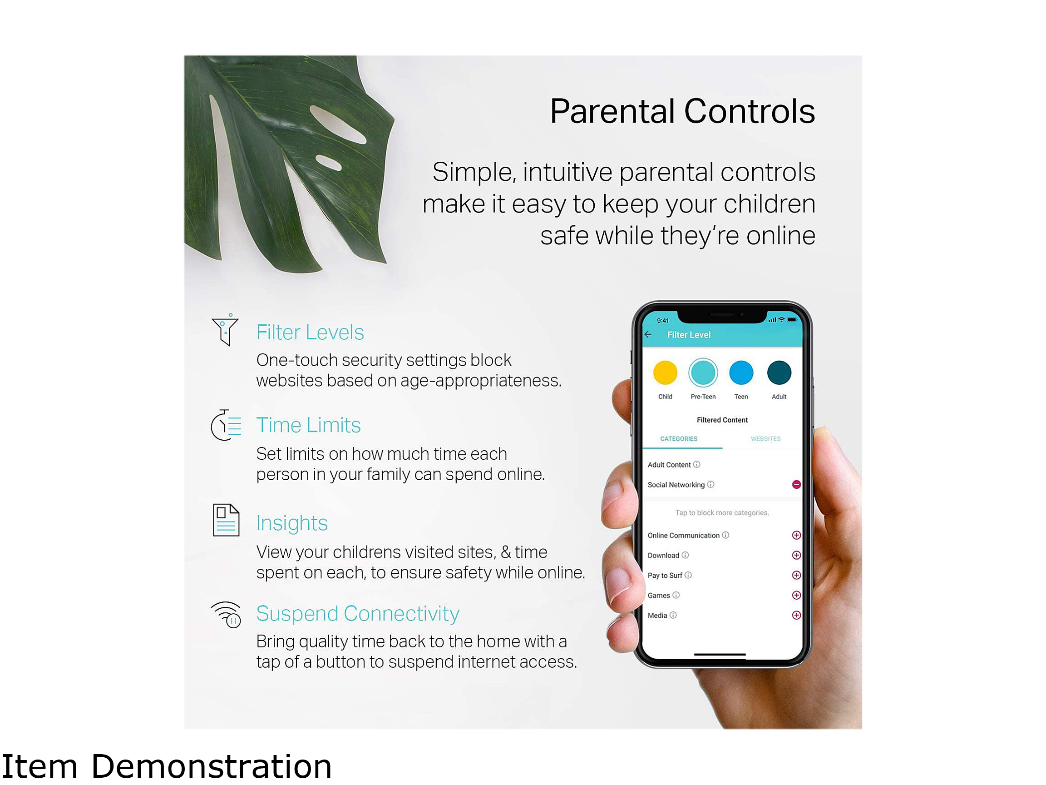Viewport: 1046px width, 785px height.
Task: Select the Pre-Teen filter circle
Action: (703, 373)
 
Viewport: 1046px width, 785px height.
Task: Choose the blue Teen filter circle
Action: (741, 373)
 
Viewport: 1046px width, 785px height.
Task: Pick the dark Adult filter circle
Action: (779, 373)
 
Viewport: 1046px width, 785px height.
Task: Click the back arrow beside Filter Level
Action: (648, 334)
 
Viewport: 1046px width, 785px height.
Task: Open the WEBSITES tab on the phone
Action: (765, 439)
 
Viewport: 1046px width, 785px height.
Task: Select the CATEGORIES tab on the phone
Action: (679, 439)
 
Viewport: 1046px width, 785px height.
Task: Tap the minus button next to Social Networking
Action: (796, 484)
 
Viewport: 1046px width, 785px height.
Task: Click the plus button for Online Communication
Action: (796, 535)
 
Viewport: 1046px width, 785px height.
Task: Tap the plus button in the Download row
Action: (796, 555)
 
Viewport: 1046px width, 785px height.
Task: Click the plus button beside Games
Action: (796, 595)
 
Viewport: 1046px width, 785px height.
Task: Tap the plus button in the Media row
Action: (796, 615)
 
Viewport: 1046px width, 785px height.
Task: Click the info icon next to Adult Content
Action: (696, 464)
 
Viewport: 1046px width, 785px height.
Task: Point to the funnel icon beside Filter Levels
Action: (225, 329)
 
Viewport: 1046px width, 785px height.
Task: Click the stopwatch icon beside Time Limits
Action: (226, 425)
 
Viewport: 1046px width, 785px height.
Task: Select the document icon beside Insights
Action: (226, 520)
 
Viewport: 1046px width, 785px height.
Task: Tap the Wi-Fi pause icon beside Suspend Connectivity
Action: (227, 614)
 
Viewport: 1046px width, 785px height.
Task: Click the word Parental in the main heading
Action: (612, 111)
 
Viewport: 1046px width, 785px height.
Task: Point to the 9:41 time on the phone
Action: (663, 320)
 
